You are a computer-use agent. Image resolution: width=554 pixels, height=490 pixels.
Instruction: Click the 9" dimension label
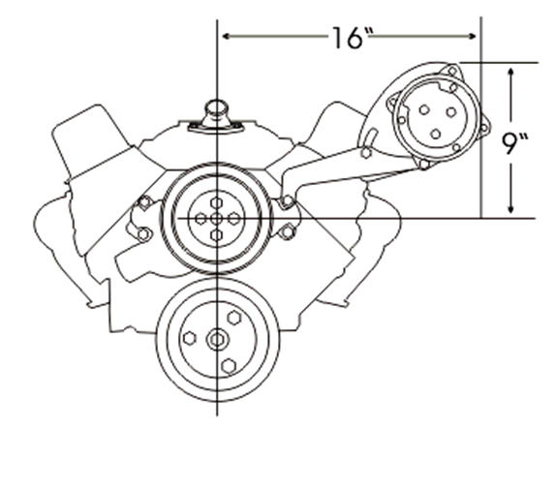tap(514, 143)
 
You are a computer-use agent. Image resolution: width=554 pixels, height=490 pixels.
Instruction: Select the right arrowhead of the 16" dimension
tap(472, 36)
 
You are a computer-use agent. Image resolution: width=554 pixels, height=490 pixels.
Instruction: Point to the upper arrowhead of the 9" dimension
tap(510, 73)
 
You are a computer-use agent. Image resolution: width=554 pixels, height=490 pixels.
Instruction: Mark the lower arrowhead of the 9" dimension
tap(510, 208)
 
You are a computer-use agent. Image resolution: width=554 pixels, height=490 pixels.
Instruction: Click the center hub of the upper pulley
tap(216, 219)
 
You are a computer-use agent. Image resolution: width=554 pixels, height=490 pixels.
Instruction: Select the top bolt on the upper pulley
tap(216, 202)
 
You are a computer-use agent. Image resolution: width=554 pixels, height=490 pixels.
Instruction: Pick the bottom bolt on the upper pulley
tap(216, 235)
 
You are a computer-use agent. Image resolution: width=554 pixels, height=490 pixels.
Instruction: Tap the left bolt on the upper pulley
tap(200, 219)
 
